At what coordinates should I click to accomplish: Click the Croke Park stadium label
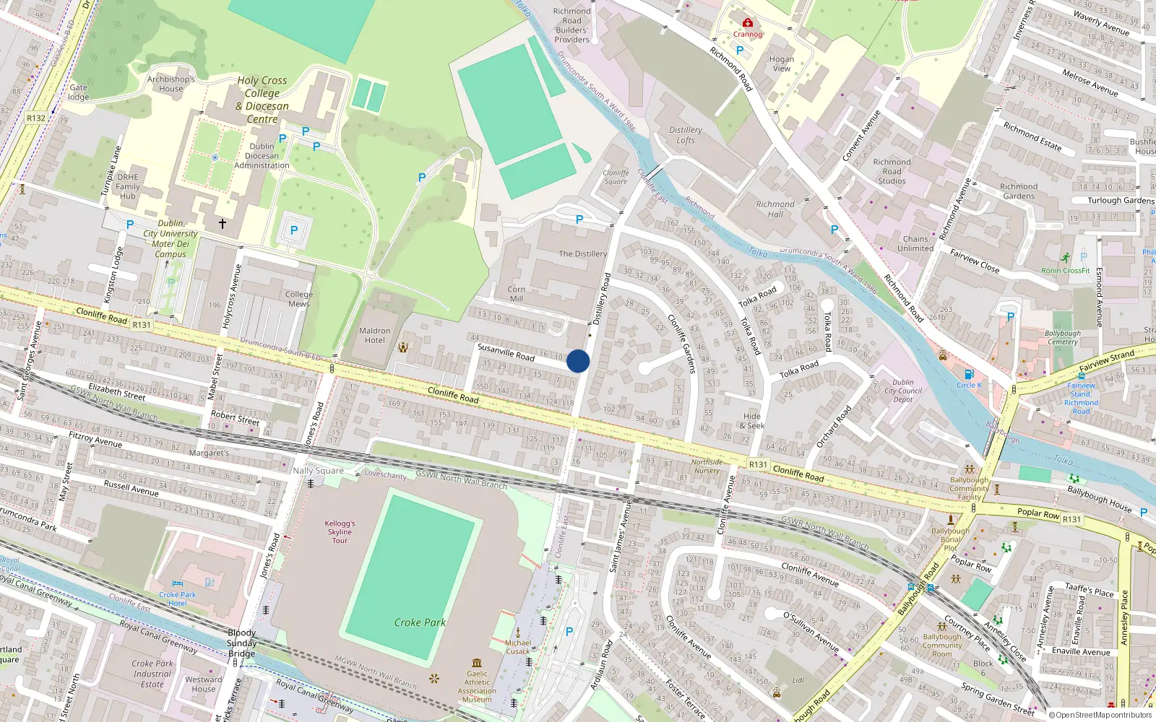pyautogui.click(x=420, y=622)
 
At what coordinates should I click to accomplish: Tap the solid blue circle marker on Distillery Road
pyautogui.click(x=578, y=361)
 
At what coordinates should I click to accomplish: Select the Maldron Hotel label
pyautogui.click(x=374, y=336)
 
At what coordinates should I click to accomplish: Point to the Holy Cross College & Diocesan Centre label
pyautogui.click(x=262, y=100)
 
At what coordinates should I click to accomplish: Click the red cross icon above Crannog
pyautogui.click(x=748, y=23)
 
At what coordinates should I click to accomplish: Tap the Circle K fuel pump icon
pyautogui.click(x=969, y=374)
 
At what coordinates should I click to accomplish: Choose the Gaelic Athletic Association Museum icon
pyautogui.click(x=477, y=663)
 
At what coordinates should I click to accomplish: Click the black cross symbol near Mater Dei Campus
pyautogui.click(x=223, y=224)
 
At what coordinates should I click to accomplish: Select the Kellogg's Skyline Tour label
pyautogui.click(x=340, y=531)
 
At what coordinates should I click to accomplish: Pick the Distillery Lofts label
pyautogui.click(x=686, y=135)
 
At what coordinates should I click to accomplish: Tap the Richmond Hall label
pyautogui.click(x=775, y=209)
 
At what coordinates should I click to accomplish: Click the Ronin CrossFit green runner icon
pyautogui.click(x=1066, y=258)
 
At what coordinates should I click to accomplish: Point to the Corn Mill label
pyautogui.click(x=516, y=294)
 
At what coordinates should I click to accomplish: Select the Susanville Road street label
pyautogui.click(x=506, y=352)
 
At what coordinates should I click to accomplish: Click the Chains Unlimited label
pyautogui.click(x=915, y=243)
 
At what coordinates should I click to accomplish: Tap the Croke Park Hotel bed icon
pyautogui.click(x=178, y=584)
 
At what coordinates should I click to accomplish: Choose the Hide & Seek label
pyautogui.click(x=751, y=421)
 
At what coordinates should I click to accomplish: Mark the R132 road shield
pyautogui.click(x=36, y=118)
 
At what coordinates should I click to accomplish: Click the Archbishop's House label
pyautogui.click(x=171, y=84)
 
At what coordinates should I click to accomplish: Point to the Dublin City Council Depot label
pyautogui.click(x=903, y=391)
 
